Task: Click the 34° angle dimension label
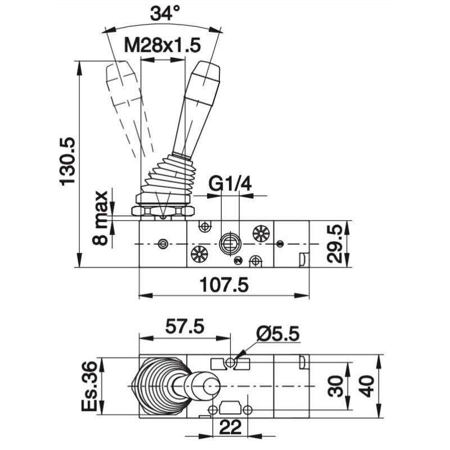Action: pos(164,14)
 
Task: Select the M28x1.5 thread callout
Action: pos(163,46)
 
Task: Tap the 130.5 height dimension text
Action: pos(67,160)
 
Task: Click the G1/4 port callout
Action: pos(229,183)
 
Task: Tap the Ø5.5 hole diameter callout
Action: pos(278,335)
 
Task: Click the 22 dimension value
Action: pos(229,427)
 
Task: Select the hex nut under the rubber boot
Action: pos(163,211)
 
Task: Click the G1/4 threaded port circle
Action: pos(228,242)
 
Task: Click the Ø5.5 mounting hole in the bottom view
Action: pos(231,364)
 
